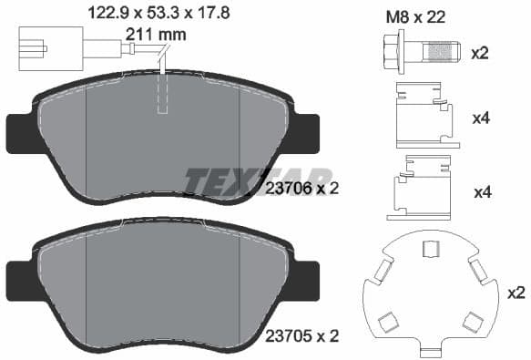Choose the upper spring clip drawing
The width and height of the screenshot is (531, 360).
pyautogui.click(x=424, y=115)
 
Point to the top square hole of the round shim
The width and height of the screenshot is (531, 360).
pyautogui.click(x=431, y=247)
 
